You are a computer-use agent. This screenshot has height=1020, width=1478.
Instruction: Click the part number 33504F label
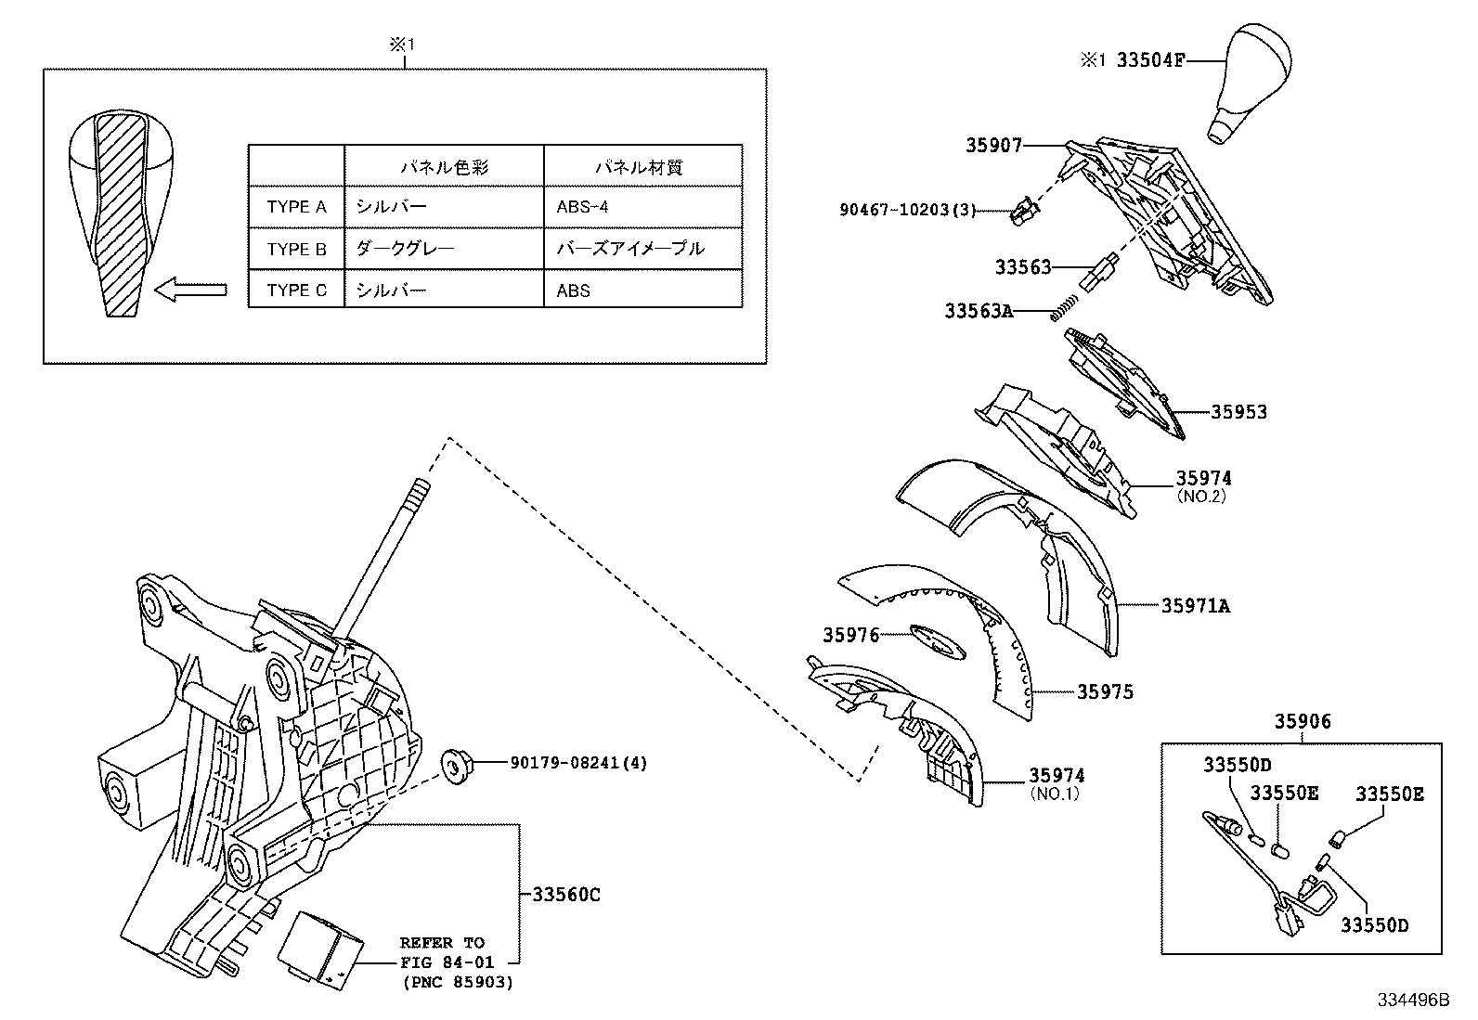[1150, 60]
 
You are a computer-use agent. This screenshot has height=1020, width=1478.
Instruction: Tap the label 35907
[993, 145]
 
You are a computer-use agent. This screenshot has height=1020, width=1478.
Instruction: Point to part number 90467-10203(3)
[908, 211]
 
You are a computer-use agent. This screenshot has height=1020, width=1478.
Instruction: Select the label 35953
[1238, 411]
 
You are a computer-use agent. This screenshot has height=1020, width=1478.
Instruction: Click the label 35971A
[1196, 605]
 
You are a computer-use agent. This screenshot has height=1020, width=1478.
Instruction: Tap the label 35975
[1105, 691]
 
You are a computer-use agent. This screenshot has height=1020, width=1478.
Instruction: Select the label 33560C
[566, 895]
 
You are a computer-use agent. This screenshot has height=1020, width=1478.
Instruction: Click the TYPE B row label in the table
[296, 249]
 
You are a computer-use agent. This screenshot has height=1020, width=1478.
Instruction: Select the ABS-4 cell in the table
[582, 207]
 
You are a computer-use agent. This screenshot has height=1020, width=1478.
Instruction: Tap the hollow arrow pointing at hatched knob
[190, 291]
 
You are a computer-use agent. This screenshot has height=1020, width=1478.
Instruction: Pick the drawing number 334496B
[1412, 1000]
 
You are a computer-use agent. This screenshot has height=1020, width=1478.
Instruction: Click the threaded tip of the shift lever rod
[420, 488]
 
